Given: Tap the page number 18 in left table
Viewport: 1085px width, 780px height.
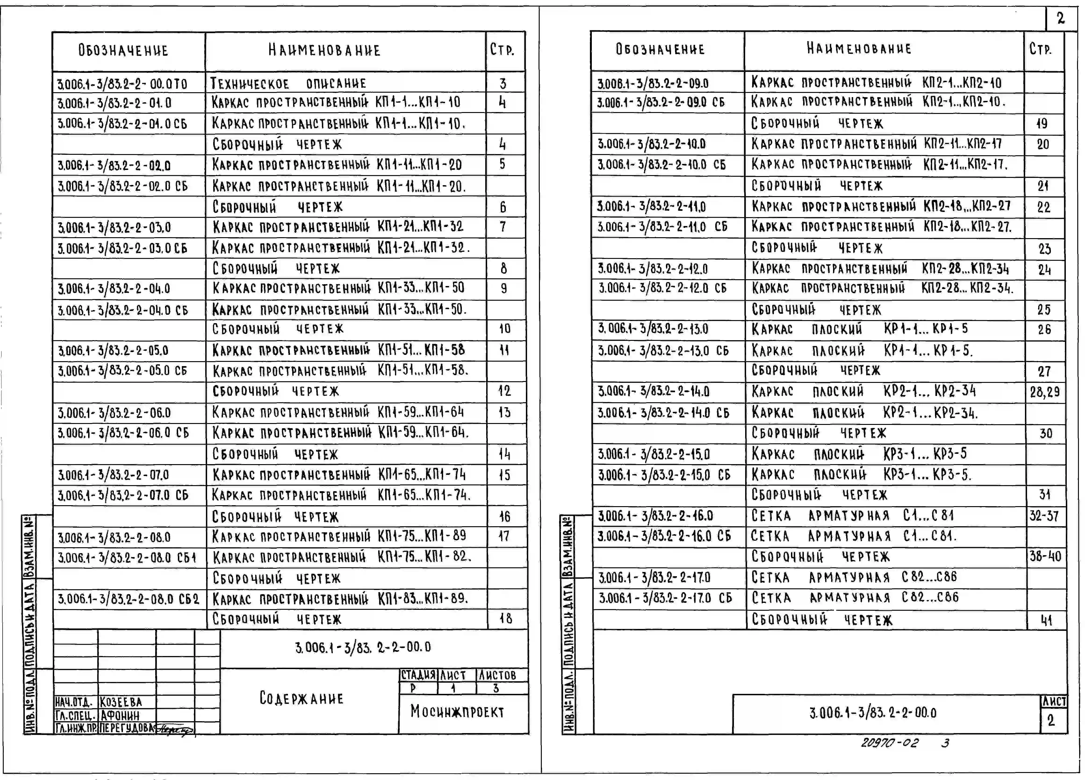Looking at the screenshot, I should [506, 618].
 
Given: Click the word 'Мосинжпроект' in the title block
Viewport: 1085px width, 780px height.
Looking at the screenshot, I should [457, 712].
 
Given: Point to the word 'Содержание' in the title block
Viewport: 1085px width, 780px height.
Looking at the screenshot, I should [301, 698].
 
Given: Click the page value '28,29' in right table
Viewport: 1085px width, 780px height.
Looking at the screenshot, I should [1045, 392].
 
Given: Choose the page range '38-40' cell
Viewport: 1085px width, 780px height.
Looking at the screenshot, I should [1045, 556].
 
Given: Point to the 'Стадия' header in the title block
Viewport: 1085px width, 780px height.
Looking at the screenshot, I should [418, 675].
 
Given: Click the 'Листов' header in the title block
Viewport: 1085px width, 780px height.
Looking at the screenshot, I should [498, 675].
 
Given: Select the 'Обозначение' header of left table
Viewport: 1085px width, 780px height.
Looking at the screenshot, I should [123, 50].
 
